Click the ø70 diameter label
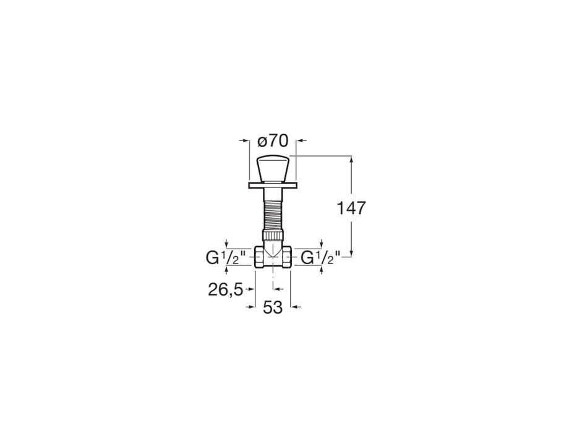pyautogui.click(x=273, y=141)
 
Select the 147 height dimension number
pyautogui.click(x=351, y=208)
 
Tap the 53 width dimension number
pyautogui.click(x=273, y=307)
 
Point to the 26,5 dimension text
pyautogui.click(x=226, y=289)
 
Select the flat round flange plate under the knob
pyautogui.click(x=273, y=185)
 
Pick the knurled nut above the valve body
pyautogui.click(x=273, y=235)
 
